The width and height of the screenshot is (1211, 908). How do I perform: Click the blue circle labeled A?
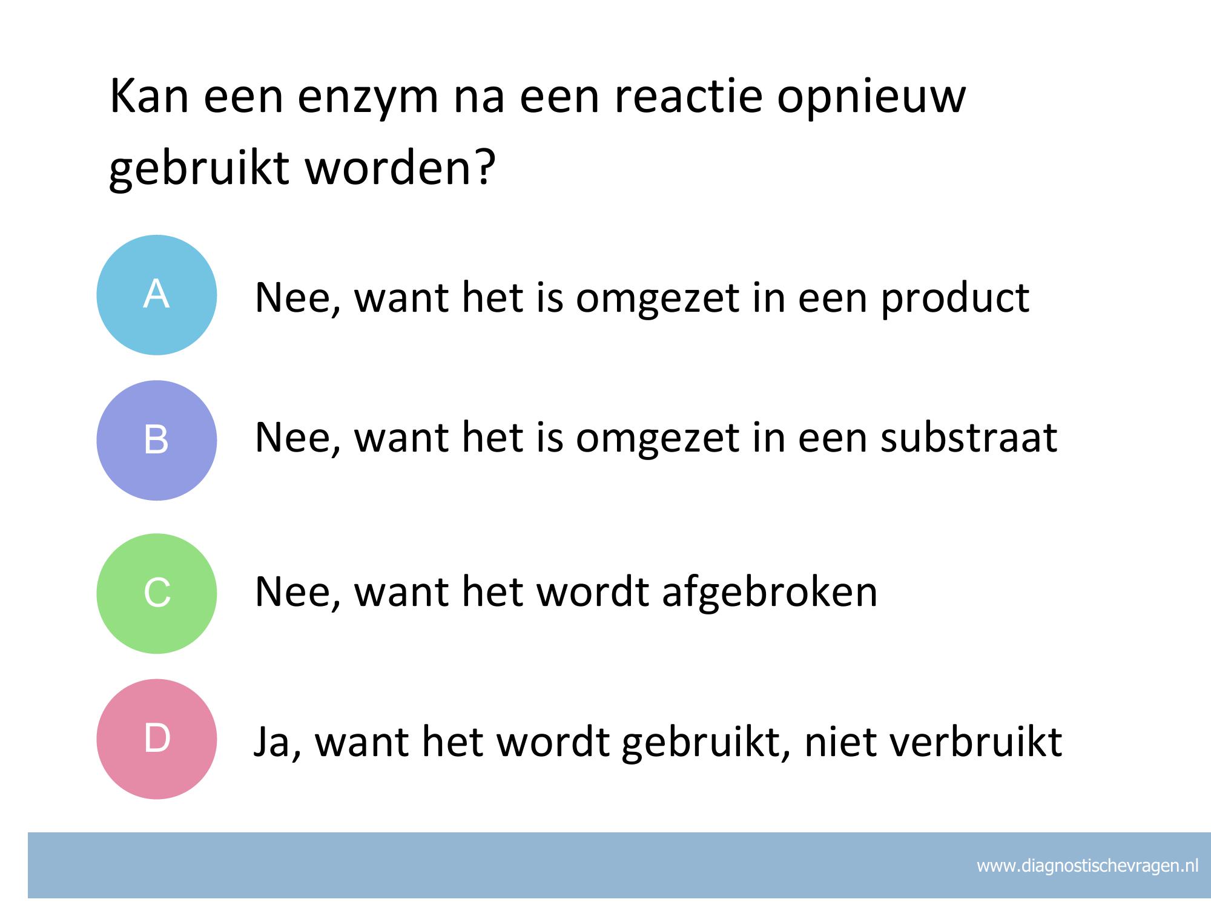(x=157, y=295)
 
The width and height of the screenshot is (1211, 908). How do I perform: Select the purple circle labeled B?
(x=157, y=440)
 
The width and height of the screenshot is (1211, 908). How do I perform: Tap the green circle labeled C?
(x=157, y=593)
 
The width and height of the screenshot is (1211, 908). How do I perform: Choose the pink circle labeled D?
(x=157, y=739)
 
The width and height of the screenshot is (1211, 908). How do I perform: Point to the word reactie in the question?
(x=688, y=96)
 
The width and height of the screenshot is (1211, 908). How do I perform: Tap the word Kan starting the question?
(x=149, y=96)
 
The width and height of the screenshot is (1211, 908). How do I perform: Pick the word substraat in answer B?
(x=969, y=438)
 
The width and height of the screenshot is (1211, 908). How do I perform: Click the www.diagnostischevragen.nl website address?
(x=1087, y=866)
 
